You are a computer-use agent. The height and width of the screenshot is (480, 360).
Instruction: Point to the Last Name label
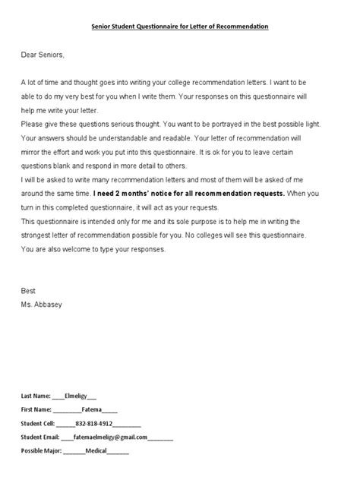coord(36,396)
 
